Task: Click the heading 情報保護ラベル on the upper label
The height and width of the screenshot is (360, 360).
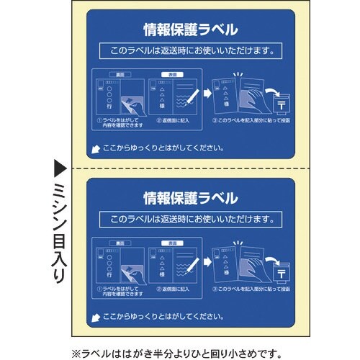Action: [x=191, y=30]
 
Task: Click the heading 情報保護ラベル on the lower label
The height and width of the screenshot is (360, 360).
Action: [x=191, y=197]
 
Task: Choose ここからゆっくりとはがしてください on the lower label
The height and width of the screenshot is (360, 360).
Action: [x=162, y=315]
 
